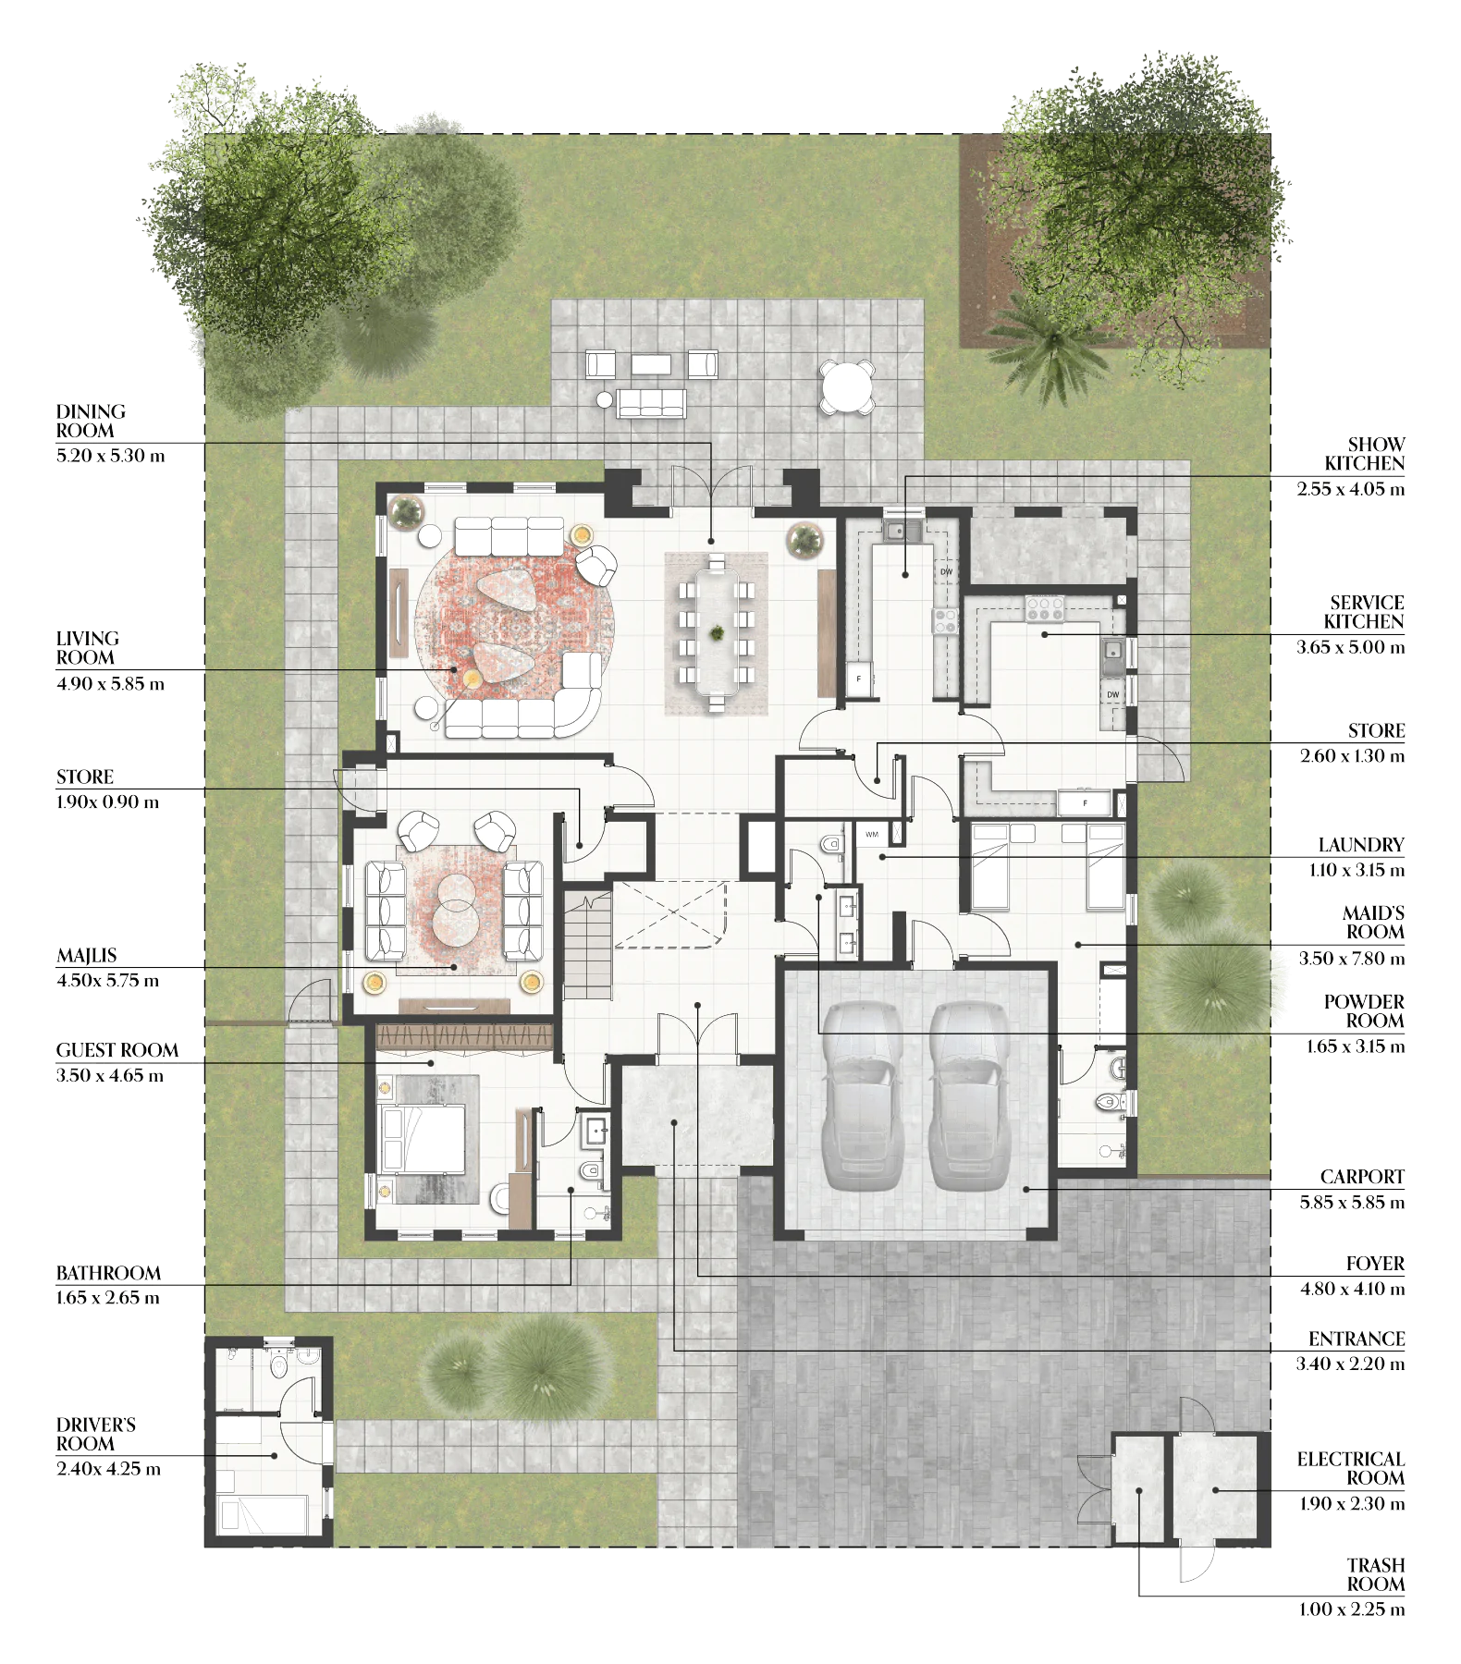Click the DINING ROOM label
click(x=91, y=421)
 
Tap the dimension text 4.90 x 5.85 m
click(x=110, y=684)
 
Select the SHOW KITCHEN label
click(x=1364, y=454)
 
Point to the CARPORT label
click(x=1362, y=1177)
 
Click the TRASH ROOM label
click(x=1376, y=1574)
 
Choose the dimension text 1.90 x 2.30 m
click(x=1352, y=1504)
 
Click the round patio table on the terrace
click(x=847, y=386)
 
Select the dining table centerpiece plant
click(x=717, y=633)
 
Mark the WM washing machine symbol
click(x=872, y=835)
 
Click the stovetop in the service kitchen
click(x=1045, y=608)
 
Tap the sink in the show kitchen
click(x=902, y=531)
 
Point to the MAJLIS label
click(x=87, y=956)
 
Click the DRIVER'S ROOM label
click(x=96, y=1434)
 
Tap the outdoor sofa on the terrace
click(x=651, y=403)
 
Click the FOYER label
click(x=1375, y=1264)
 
